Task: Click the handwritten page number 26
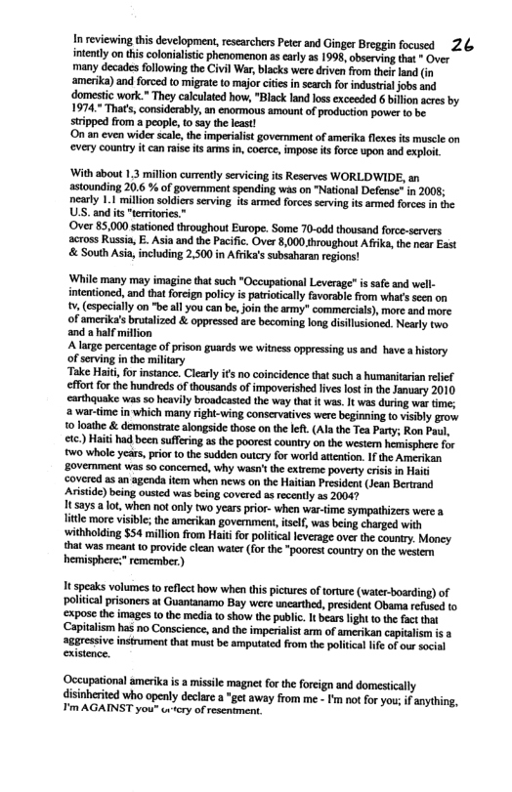point(465,42)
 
